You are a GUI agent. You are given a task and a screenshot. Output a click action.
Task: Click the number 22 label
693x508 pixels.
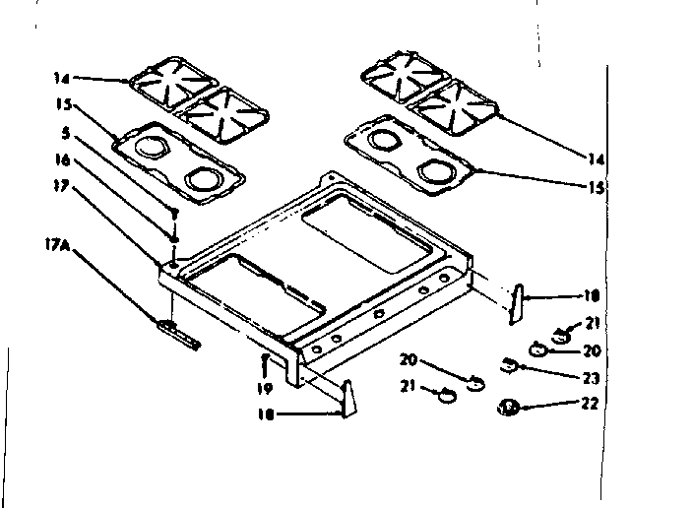tap(590, 403)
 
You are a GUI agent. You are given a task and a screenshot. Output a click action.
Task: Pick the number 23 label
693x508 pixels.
tap(590, 377)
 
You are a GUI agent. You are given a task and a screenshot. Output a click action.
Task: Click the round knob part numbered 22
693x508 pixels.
tap(510, 405)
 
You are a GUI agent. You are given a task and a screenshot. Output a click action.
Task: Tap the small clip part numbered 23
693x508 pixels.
tap(508, 365)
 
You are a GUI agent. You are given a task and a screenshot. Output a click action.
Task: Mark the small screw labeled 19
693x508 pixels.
tap(266, 362)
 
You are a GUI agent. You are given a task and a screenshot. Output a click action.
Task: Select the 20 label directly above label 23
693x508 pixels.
tap(590, 349)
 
